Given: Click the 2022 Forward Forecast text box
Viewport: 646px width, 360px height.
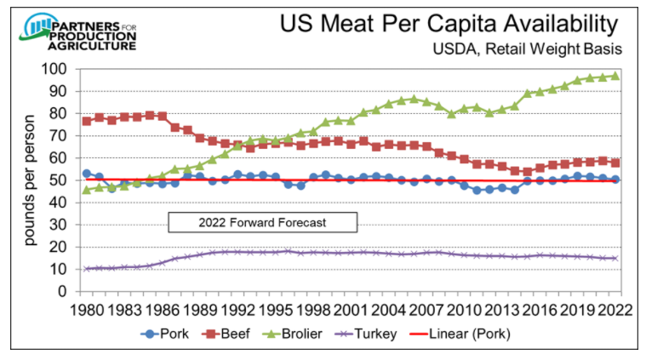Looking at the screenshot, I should click(263, 223).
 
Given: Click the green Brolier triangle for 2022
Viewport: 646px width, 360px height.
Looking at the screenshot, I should click(615, 76).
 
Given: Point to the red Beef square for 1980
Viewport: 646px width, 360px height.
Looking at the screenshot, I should click(87, 121).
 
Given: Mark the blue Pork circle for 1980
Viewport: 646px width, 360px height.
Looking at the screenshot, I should click(87, 174).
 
